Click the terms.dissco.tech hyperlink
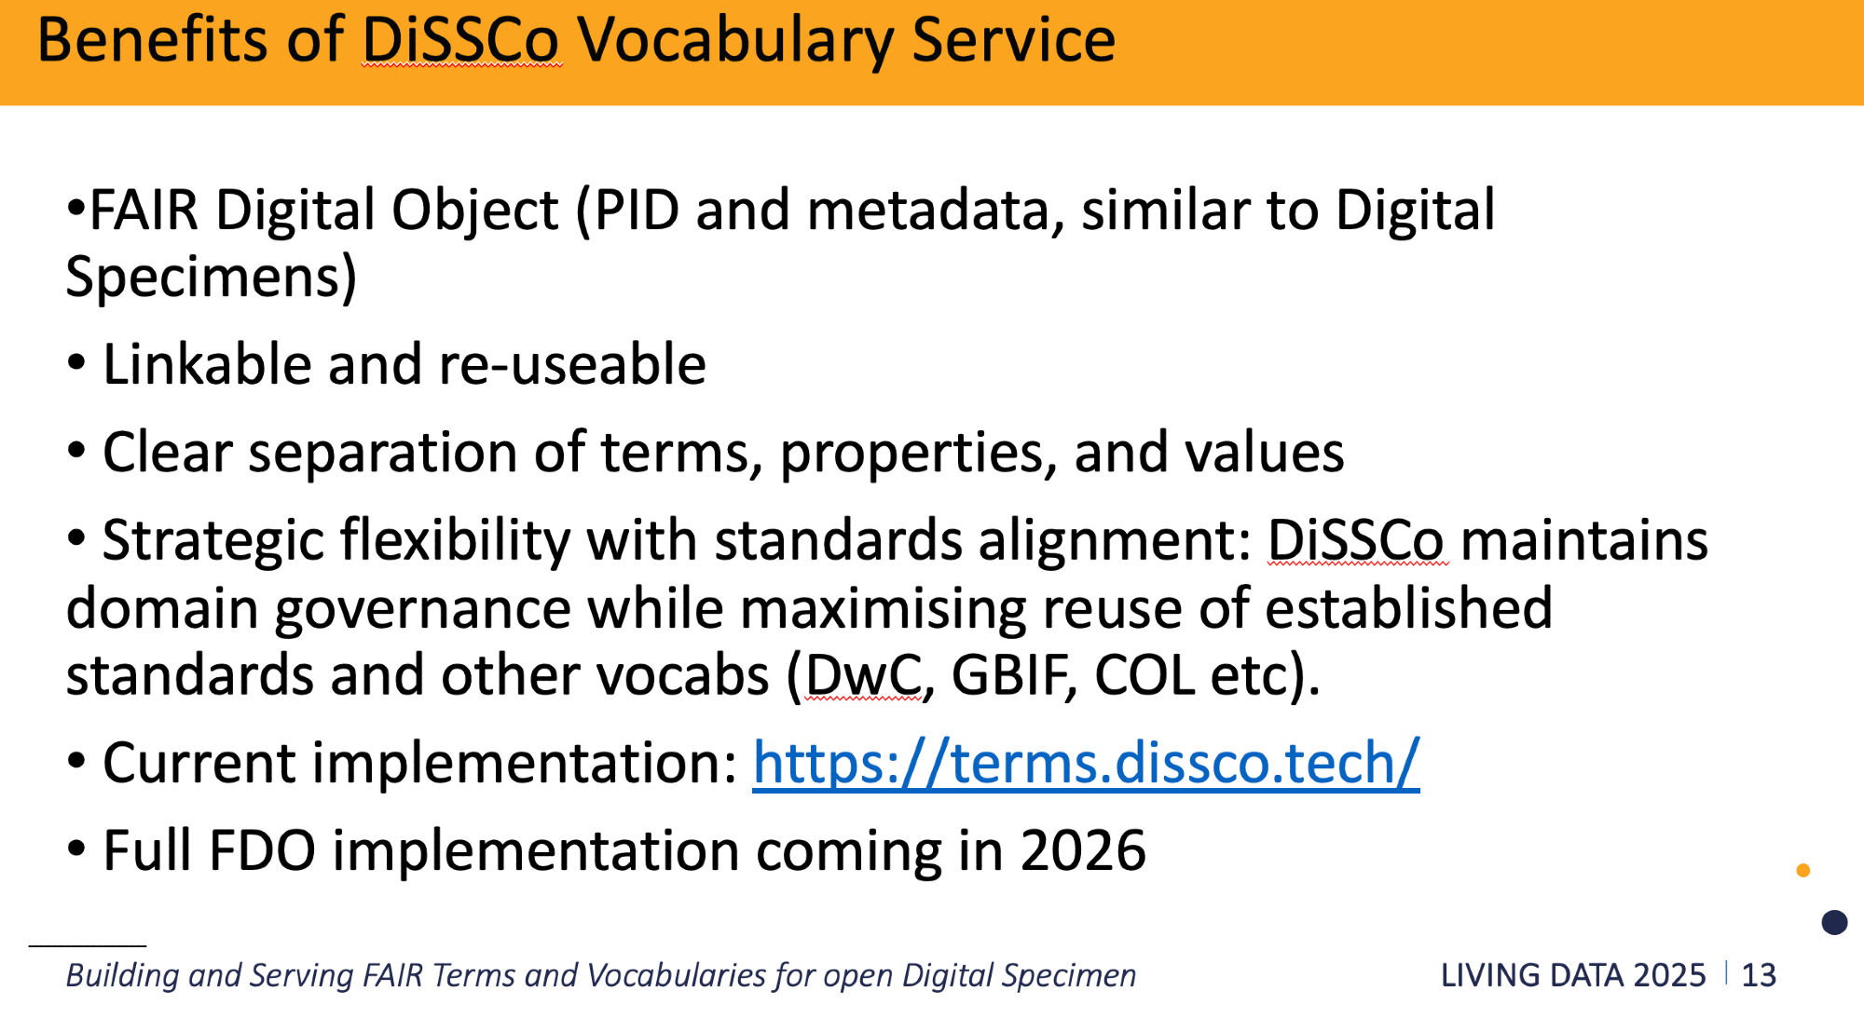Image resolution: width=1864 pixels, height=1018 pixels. [x=1086, y=764]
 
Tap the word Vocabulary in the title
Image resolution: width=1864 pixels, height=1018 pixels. [x=735, y=42]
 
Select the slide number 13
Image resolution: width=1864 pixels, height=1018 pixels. [x=1759, y=975]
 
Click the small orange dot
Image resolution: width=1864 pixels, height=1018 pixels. [x=1803, y=870]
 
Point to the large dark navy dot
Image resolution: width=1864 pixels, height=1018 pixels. [x=1834, y=922]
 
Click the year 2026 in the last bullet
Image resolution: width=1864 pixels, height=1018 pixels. [x=1083, y=850]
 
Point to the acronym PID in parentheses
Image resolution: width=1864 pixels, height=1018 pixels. [x=637, y=210]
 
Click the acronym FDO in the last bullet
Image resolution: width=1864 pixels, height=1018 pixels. [x=262, y=850]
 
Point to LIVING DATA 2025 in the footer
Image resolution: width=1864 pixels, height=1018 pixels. [x=1573, y=975]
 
